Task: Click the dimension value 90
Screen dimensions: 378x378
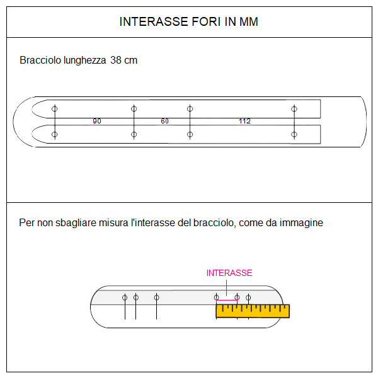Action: pos(96,121)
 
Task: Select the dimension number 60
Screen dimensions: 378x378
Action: pos(164,121)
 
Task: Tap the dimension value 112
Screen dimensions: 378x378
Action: pos(244,121)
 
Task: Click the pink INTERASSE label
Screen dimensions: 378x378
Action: pos(229,273)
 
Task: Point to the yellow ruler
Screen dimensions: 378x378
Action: pos(252,310)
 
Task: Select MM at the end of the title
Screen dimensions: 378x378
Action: pos(249,22)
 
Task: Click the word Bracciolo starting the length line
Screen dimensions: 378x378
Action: pos(39,60)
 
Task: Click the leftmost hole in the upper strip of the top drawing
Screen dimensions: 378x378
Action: pos(55,109)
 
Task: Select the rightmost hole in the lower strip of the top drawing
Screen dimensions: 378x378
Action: pos(294,134)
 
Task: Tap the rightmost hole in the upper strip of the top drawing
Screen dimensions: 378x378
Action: pos(294,109)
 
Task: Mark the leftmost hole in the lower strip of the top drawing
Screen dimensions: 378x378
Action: pos(55,134)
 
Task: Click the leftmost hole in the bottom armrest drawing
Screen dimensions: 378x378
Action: pos(125,297)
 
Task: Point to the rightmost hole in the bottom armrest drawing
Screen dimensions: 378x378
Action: pos(248,297)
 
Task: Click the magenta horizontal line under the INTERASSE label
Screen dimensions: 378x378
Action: pos(227,301)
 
